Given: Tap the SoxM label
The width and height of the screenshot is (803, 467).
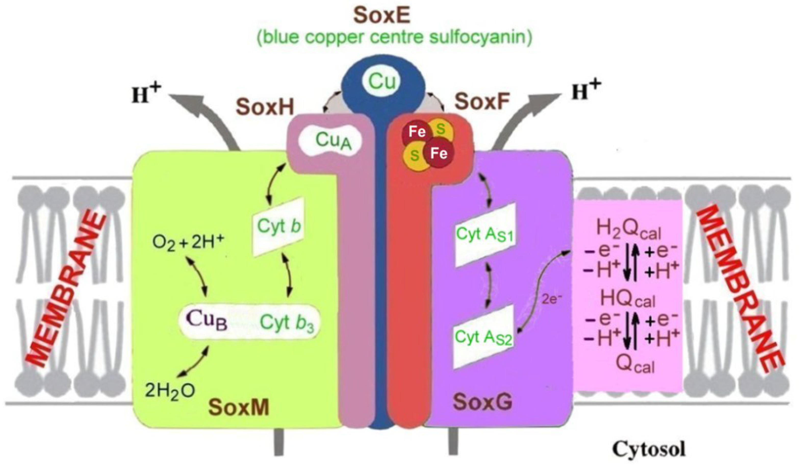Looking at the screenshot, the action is pos(239,407).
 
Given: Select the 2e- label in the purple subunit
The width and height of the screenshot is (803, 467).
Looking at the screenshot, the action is pos(551,300).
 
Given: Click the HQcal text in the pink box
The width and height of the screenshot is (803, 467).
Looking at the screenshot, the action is pos(628,299).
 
